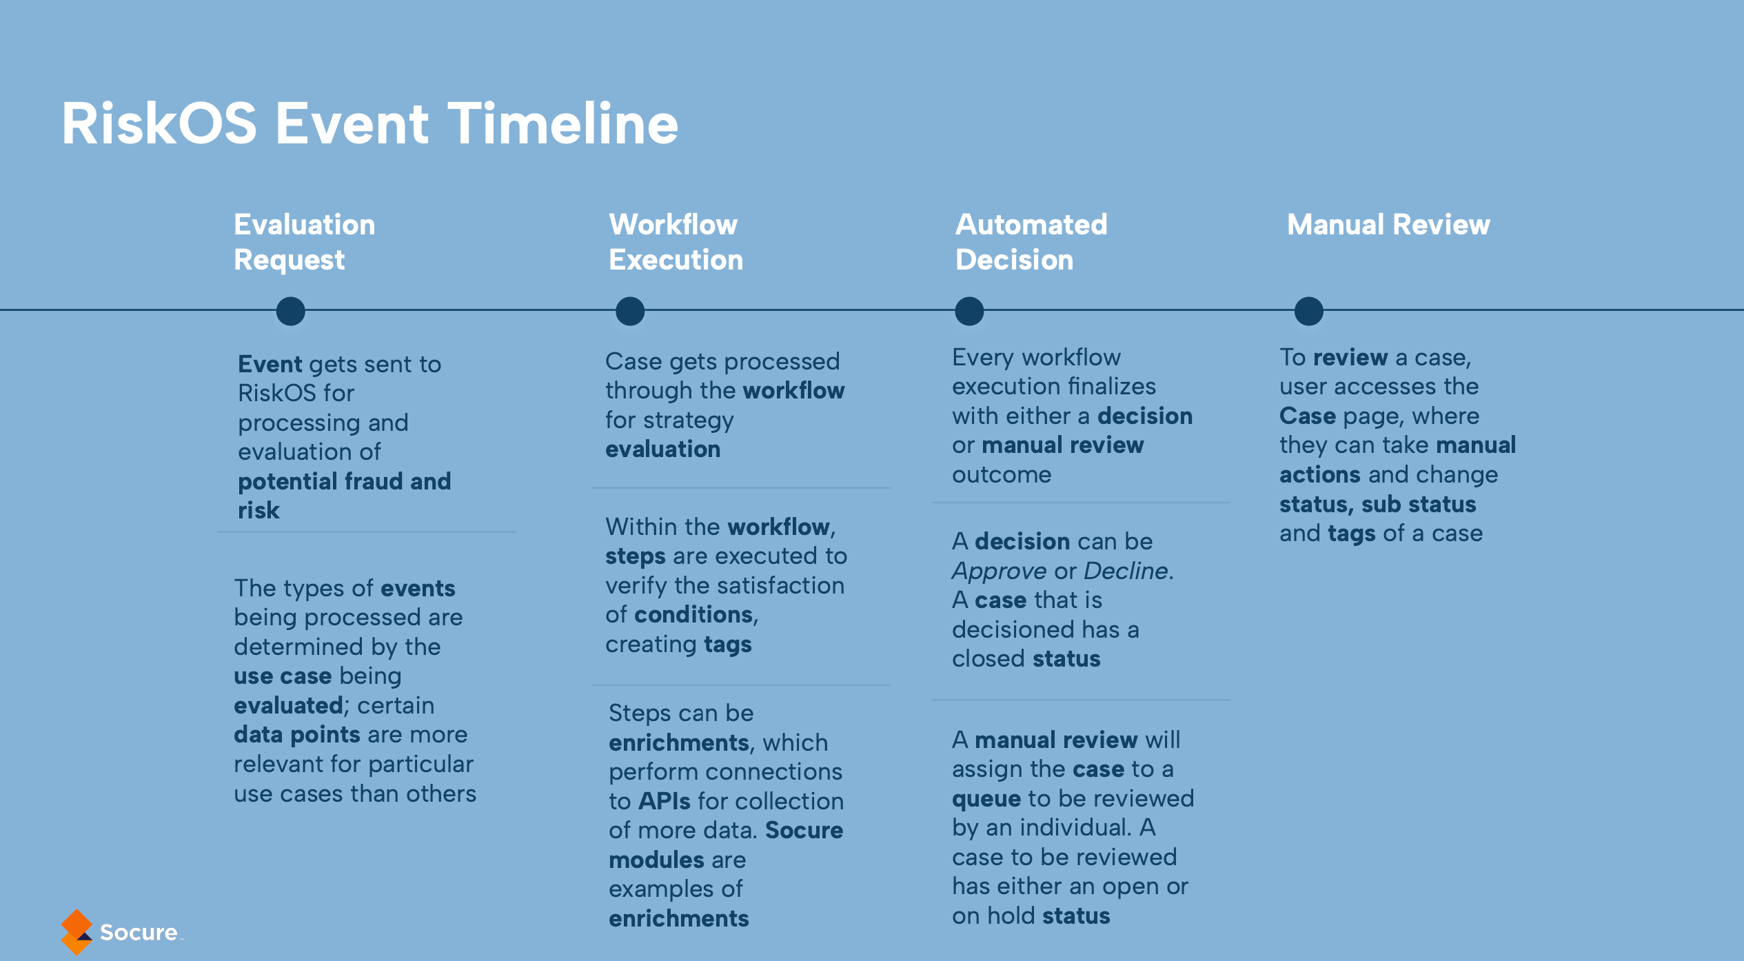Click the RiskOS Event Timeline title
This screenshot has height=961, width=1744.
pos(370,123)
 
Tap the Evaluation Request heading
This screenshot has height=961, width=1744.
pos(305,242)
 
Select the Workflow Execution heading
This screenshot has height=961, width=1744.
pos(676,242)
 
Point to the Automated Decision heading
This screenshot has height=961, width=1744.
pos(1031,242)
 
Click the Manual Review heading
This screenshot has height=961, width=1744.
pos(1388,225)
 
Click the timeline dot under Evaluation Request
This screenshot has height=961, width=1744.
pos(290,311)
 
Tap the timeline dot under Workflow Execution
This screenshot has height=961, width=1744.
pos(630,311)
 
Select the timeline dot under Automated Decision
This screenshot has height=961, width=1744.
pos(969,311)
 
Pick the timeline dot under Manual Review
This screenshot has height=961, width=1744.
pos(1308,311)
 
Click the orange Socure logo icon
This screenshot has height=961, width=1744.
pos(77,932)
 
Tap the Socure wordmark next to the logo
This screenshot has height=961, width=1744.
pos(139,933)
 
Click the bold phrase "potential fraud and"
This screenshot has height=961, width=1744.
pos(345,481)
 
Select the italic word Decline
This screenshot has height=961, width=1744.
pos(1126,571)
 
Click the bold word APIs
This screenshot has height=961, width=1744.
pos(665,801)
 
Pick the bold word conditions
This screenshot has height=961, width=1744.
pos(693,614)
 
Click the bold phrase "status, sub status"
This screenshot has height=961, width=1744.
pos(1377,505)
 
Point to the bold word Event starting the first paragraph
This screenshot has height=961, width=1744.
pos(270,364)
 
